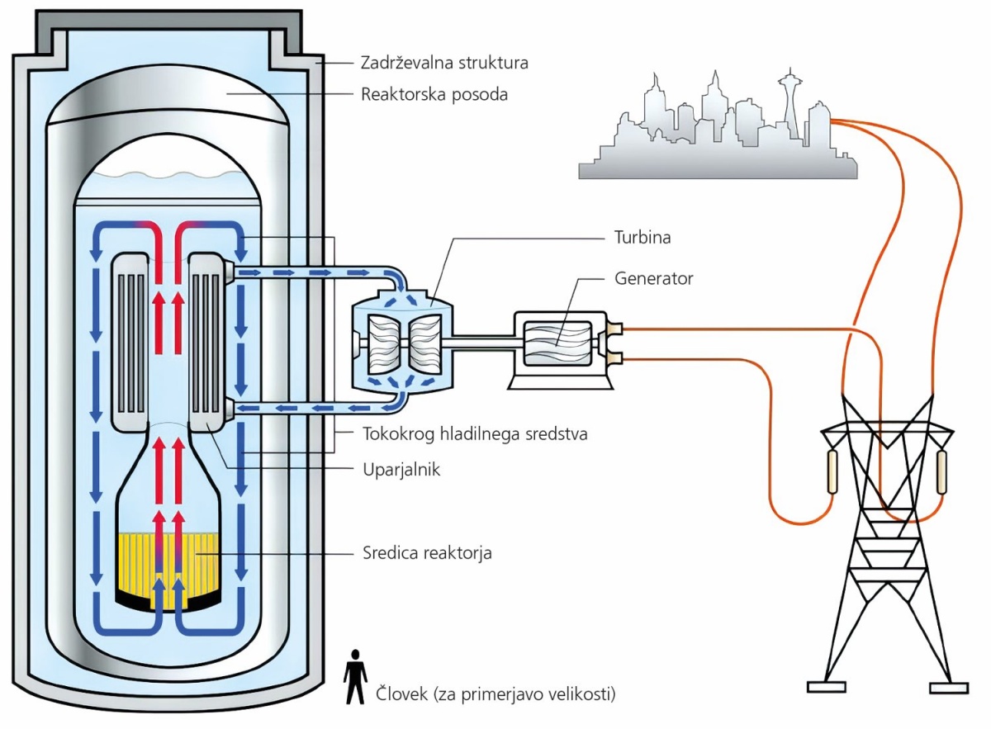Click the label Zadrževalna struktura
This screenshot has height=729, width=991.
pyautogui.click(x=444, y=63)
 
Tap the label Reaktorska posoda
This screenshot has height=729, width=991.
pyautogui.click(x=434, y=95)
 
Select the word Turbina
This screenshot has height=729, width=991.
pyautogui.click(x=642, y=238)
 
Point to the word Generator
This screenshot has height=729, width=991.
pyautogui.click(x=653, y=278)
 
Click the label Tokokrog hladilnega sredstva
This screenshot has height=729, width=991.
pyautogui.click(x=475, y=434)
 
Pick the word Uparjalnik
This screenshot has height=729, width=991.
pyautogui.click(x=401, y=470)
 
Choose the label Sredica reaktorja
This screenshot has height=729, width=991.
pyautogui.click(x=427, y=553)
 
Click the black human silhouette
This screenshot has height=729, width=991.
pyautogui.click(x=355, y=677)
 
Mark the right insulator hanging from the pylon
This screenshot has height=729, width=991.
pyautogui.click(x=941, y=472)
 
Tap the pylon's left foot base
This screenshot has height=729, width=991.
pyautogui.click(x=827, y=688)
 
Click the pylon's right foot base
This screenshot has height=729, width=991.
pyautogui.click(x=950, y=689)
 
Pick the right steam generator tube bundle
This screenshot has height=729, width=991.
pyautogui.click(x=206, y=342)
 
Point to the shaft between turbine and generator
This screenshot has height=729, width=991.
pyautogui.click(x=484, y=343)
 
